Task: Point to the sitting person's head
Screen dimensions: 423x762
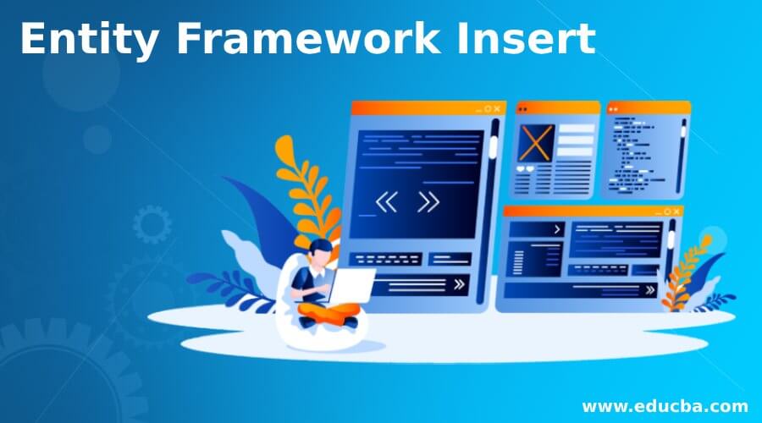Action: click(x=321, y=250)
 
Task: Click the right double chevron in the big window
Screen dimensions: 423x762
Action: click(x=428, y=202)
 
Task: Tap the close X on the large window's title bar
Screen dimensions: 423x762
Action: click(x=497, y=109)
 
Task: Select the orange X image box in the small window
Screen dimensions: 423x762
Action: click(x=535, y=143)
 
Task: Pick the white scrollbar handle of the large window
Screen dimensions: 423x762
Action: click(x=492, y=146)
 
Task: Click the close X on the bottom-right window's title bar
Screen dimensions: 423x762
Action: click(x=676, y=211)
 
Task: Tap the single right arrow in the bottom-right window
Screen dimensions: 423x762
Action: click(x=557, y=228)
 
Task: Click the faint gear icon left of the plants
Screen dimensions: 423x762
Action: click(x=152, y=224)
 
